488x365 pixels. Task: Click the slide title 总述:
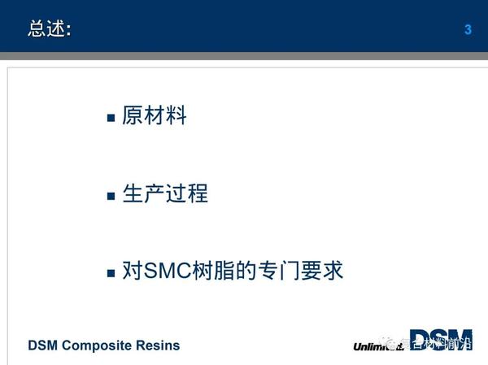point(49,29)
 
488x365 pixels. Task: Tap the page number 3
point(468,30)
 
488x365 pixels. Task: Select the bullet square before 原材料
point(111,118)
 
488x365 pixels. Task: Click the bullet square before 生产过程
point(111,196)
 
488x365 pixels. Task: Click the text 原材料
point(155,116)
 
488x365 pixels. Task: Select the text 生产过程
point(165,194)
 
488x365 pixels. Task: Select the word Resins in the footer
point(159,345)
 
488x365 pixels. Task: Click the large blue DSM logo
point(440,340)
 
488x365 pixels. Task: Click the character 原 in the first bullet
point(133,116)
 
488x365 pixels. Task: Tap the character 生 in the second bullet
point(133,194)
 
